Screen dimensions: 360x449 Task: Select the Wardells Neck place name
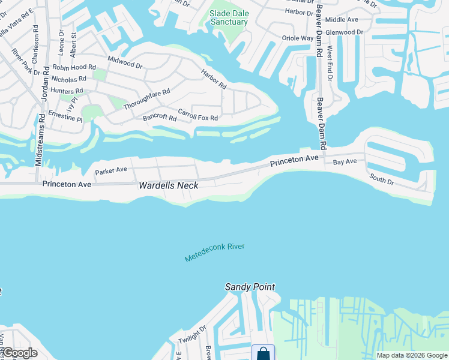pyautogui.click(x=169, y=185)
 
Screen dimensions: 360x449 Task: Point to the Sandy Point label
pyautogui.click(x=250, y=287)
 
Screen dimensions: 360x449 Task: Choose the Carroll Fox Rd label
pyautogui.click(x=198, y=115)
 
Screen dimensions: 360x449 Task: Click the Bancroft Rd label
pyautogui.click(x=160, y=118)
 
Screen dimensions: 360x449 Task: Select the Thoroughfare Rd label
pyautogui.click(x=146, y=99)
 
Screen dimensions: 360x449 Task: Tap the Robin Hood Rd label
pyautogui.click(x=74, y=68)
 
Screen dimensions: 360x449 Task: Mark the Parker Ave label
pyautogui.click(x=111, y=170)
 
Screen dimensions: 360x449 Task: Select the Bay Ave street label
pyautogui.click(x=345, y=161)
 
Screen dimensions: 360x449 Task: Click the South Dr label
pyautogui.click(x=381, y=178)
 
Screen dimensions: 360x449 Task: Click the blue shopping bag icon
pyautogui.click(x=264, y=353)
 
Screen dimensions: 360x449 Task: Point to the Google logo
pyautogui.click(x=19, y=353)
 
